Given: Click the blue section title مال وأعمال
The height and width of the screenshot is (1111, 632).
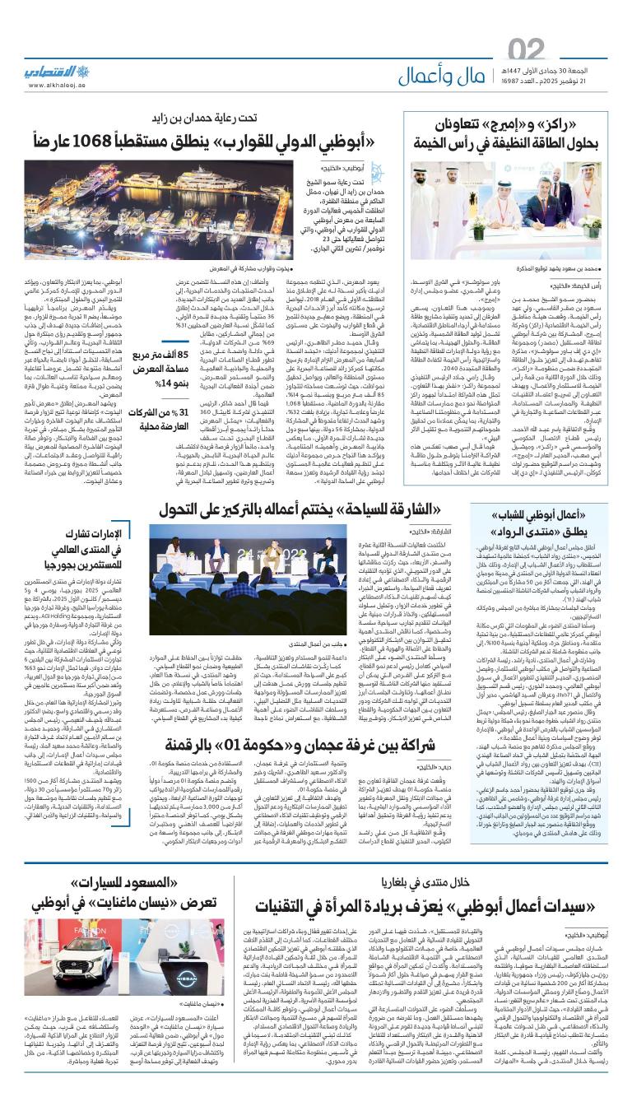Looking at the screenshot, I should [437, 77].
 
